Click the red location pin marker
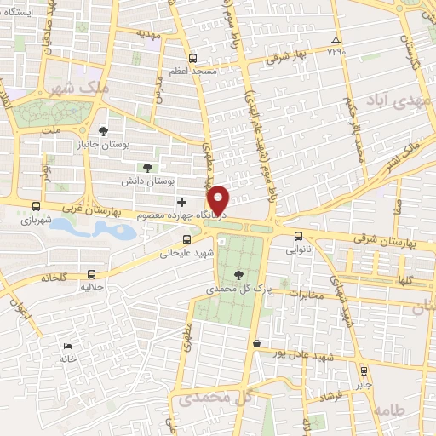click(x=221, y=199)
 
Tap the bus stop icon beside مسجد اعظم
click(x=192, y=59)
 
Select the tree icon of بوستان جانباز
click(x=103, y=131)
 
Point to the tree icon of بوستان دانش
click(x=148, y=168)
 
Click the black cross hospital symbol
click(x=181, y=202)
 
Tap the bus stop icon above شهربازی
click(x=36, y=206)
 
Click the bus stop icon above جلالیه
click(x=92, y=274)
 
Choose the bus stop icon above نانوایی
click(x=298, y=237)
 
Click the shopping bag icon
click(x=256, y=342)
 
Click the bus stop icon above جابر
click(x=364, y=371)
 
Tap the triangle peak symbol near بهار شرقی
click(x=336, y=40)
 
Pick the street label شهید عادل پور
click(x=301, y=353)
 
